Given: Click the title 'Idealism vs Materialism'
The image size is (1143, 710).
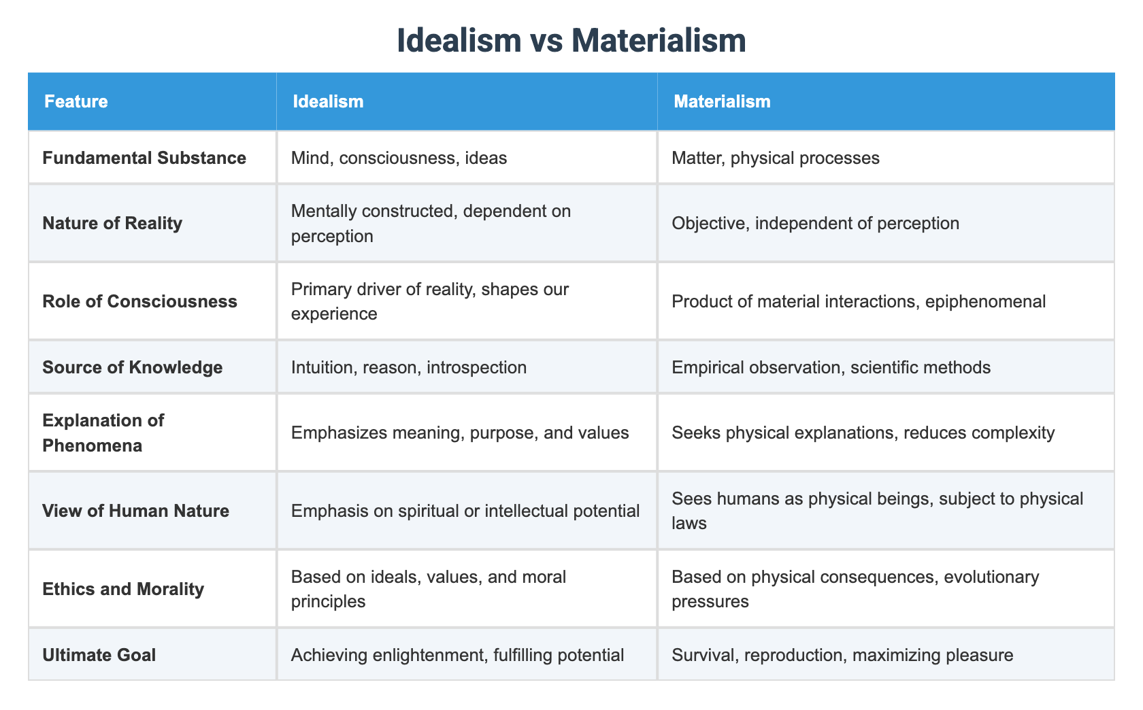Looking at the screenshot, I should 571,41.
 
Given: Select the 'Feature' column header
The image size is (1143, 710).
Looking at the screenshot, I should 76,102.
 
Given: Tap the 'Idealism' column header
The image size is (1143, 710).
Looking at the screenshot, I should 328,102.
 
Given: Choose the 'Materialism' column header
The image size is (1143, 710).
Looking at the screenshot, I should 722,102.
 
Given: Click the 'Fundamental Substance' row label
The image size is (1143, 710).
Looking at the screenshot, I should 144,158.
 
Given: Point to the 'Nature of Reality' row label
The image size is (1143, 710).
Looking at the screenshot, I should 112,223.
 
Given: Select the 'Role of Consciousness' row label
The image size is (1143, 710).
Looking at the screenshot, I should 139,301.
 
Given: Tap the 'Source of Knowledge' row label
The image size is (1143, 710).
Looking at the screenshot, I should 132,367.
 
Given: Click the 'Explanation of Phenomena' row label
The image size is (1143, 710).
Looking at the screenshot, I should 103,433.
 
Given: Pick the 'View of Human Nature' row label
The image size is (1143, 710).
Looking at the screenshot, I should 135,511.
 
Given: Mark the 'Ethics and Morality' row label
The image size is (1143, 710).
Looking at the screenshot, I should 123,589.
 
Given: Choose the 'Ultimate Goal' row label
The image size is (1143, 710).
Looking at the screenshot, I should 99,655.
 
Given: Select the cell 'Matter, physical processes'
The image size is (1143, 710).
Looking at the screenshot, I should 775,158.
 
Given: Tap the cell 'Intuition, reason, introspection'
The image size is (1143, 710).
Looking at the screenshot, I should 408,367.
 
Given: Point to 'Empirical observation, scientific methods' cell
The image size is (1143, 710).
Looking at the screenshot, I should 831,367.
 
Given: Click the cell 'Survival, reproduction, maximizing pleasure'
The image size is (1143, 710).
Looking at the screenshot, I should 842,655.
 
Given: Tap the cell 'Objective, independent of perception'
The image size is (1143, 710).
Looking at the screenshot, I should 815,223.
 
